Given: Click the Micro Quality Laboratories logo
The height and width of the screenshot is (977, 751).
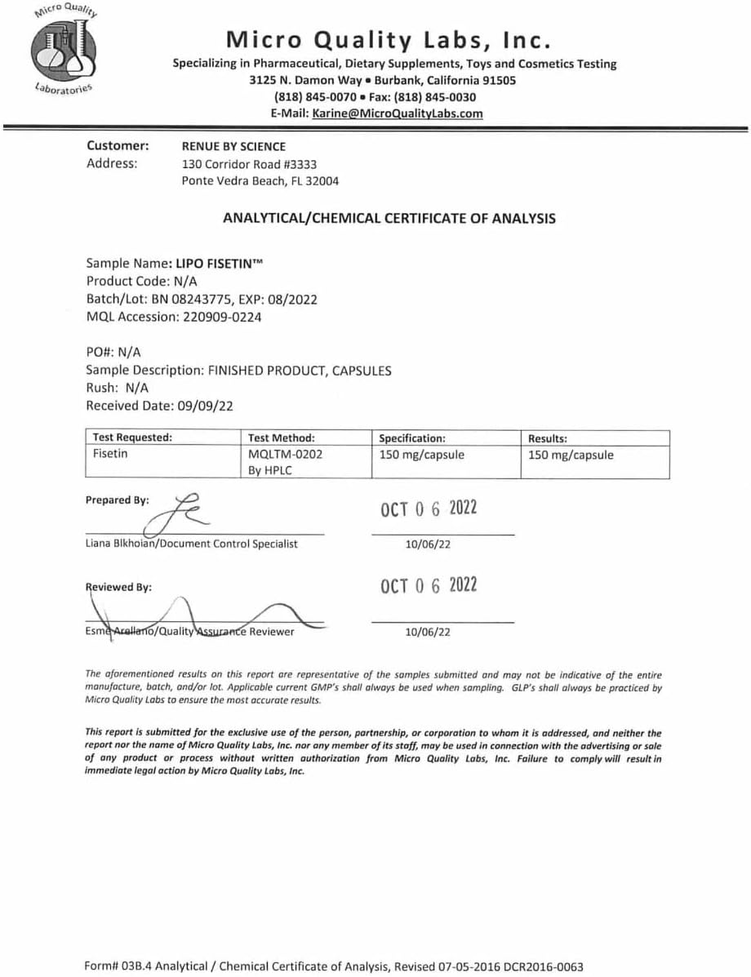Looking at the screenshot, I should pos(64,50).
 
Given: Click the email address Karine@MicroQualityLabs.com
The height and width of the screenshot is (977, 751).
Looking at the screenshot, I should pos(397,113).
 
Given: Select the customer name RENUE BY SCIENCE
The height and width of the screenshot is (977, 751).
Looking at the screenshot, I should pos(233,147).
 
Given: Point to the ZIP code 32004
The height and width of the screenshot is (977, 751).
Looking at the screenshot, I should pos(322,181).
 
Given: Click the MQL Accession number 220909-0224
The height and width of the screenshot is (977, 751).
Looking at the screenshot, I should pos(220,318).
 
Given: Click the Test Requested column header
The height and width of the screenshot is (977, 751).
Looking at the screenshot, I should pos(132,438).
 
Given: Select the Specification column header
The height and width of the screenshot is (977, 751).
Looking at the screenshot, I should pos(412,438).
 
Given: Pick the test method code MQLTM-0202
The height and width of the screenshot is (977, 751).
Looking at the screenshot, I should pos(285,455).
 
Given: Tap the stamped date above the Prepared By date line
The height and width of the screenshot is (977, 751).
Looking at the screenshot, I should pos(429,509).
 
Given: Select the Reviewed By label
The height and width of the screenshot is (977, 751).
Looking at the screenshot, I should pos(118,587).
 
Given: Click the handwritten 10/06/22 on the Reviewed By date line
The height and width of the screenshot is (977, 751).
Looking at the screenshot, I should pos(428,631).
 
